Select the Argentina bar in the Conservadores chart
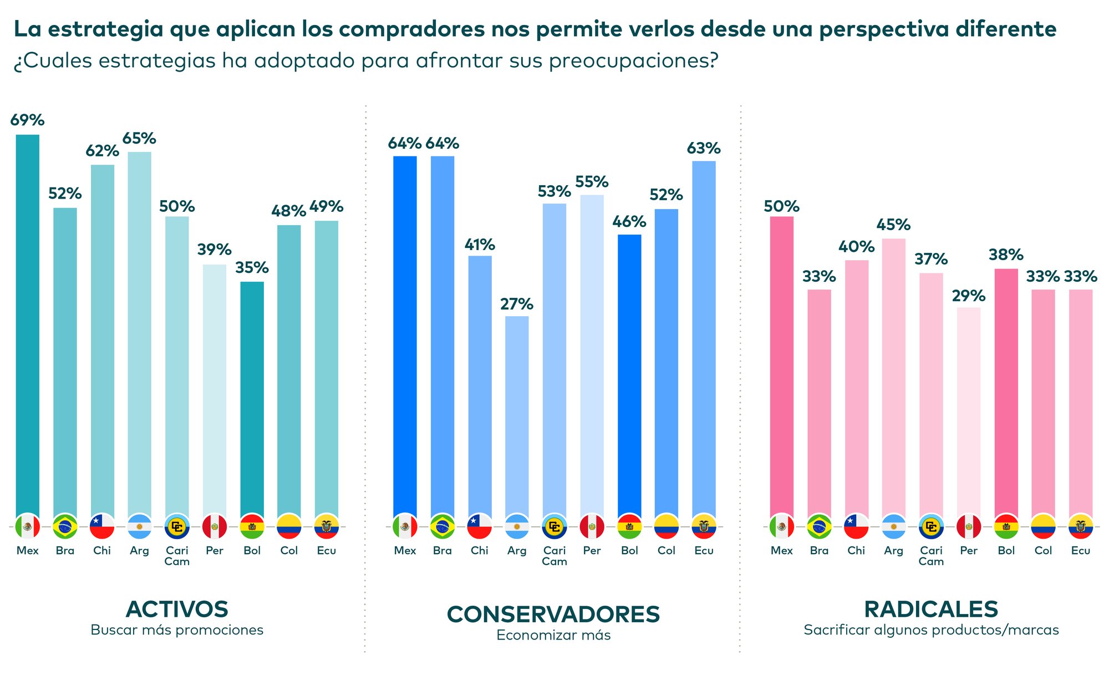(517, 416)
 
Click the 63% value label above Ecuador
(704, 148)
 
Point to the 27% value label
(517, 304)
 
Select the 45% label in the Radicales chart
(893, 225)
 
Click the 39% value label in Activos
(215, 250)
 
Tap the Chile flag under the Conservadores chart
(480, 526)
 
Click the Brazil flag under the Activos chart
(65, 526)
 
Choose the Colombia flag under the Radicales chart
(1043, 526)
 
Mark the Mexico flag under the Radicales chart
(782, 526)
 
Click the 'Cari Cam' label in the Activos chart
(177, 556)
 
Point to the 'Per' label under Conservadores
(592, 551)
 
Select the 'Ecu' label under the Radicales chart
(1081, 551)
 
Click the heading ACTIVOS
(177, 609)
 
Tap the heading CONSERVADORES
(553, 615)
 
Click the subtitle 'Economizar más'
(553, 635)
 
